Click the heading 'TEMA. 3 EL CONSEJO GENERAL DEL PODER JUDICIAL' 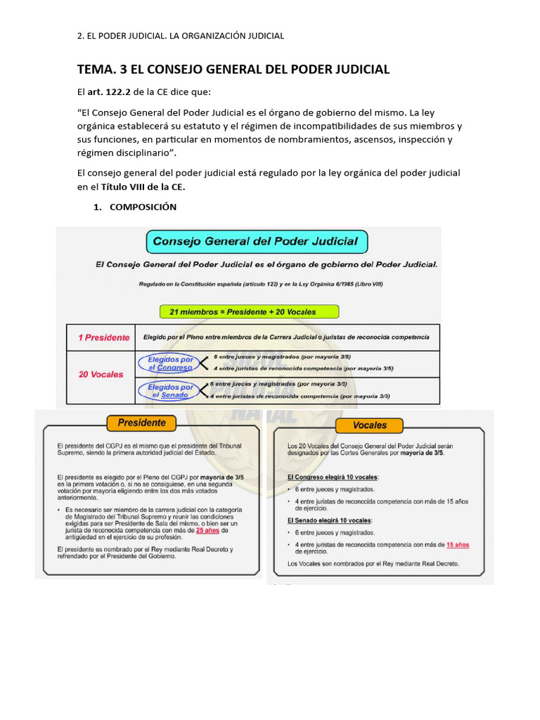233,69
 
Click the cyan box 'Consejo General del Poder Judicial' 256,242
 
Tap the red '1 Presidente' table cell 103,337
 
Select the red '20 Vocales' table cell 101,374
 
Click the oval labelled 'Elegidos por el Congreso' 170,363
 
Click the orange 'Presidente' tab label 142,423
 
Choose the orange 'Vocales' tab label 370,425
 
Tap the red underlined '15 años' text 458,544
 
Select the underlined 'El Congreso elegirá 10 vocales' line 333,477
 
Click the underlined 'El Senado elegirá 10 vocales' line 330,520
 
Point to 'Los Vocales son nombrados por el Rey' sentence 373,564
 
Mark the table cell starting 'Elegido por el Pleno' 286,337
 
